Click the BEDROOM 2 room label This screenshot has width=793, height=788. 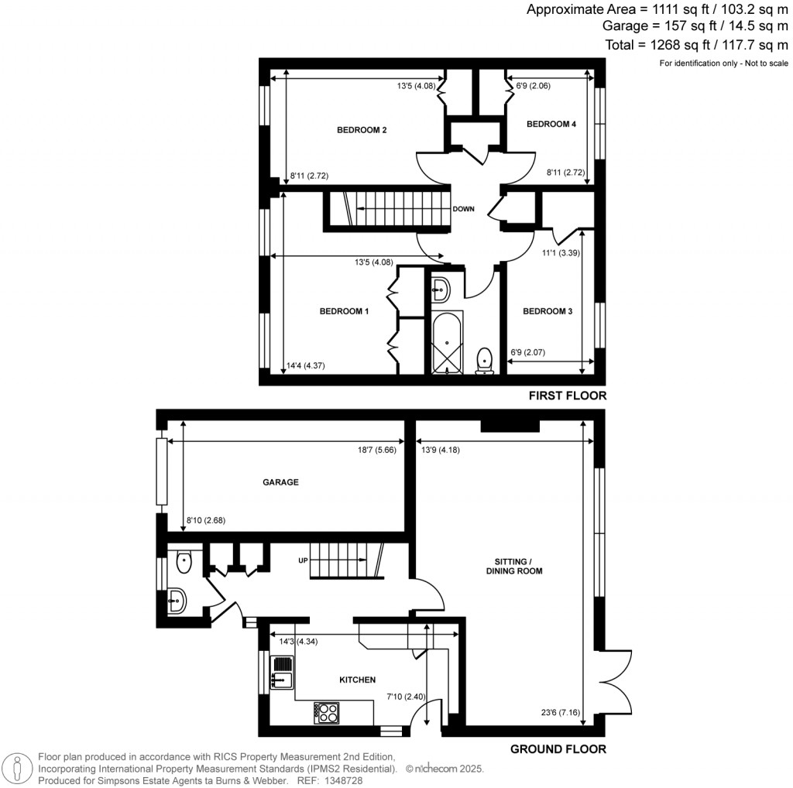(x=362, y=130)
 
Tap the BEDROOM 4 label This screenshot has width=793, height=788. (x=551, y=124)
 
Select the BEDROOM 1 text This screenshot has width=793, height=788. (x=344, y=311)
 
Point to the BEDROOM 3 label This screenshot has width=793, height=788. (x=548, y=311)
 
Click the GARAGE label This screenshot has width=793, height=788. (x=280, y=482)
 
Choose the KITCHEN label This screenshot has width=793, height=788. (x=358, y=680)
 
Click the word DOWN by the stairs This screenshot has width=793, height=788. (x=464, y=209)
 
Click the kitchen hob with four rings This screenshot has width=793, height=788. (x=327, y=712)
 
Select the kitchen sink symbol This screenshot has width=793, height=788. (x=281, y=672)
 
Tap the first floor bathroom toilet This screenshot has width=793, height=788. (x=485, y=360)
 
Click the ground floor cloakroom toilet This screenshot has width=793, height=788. (x=183, y=562)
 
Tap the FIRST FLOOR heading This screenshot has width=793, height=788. (x=568, y=396)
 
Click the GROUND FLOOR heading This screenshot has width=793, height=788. (x=558, y=749)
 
